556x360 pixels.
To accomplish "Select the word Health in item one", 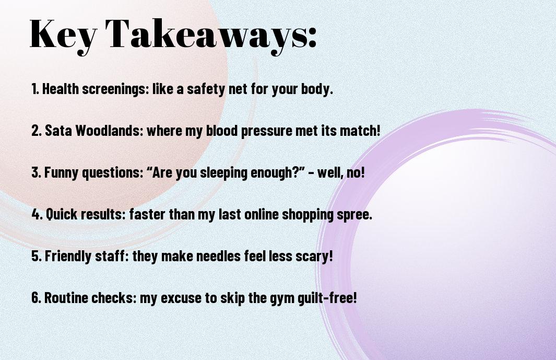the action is pyautogui.click(x=60, y=89).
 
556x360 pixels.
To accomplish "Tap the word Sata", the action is pyautogui.click(x=58, y=130).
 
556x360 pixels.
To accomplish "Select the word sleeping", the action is pyautogui.click(x=223, y=172).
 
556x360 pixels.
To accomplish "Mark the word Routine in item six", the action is pyautogui.click(x=66, y=297).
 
